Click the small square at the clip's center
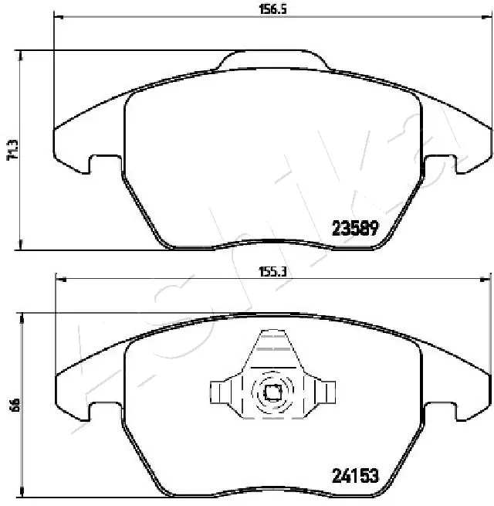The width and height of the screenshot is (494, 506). click(x=272, y=392)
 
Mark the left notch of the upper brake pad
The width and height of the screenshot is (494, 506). click(x=97, y=163)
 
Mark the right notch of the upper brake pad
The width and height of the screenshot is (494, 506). click(x=447, y=163)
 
